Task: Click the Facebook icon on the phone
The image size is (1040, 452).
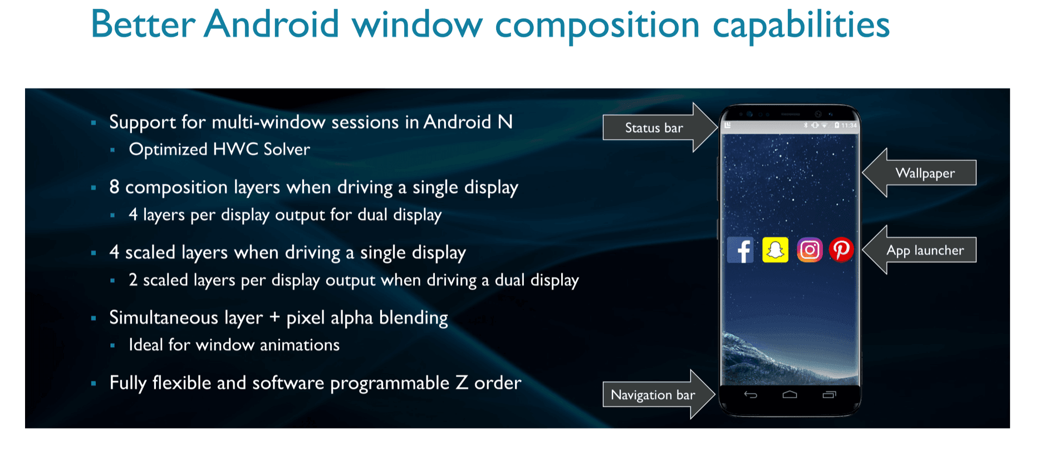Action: point(740,250)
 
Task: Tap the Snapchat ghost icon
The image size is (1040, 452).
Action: point(775,250)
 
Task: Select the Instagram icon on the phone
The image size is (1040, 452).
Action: point(810,250)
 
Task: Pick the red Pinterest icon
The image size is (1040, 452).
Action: point(841,249)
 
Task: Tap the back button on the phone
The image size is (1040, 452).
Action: point(750,395)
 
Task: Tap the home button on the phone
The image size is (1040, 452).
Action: point(789,395)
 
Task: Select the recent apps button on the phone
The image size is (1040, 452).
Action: point(829,395)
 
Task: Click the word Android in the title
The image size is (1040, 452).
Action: point(271,24)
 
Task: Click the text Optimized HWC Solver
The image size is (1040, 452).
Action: point(219,149)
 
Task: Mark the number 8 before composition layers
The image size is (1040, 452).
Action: point(114,187)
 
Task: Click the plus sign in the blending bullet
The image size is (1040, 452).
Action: point(274,318)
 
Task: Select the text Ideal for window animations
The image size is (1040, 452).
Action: point(234,345)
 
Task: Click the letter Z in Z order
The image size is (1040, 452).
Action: point(462,382)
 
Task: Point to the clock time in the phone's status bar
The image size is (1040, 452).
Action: point(849,125)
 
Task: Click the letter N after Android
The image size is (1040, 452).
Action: point(505,122)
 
